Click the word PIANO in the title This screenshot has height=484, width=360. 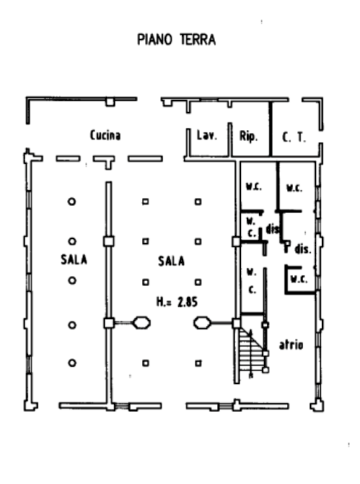point(154,40)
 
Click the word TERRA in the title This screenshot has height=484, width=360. point(198,40)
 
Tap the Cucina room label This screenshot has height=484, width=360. point(105,135)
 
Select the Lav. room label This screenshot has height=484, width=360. point(207,135)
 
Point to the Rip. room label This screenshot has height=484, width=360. point(248,136)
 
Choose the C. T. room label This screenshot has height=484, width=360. point(294,137)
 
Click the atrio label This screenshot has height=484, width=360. point(291,345)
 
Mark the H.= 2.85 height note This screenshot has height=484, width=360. point(177,302)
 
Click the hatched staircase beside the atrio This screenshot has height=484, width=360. point(251,351)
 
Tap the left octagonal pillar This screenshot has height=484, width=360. point(142,323)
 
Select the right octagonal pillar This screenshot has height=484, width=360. point(202,323)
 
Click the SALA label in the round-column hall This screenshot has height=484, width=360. point(74,259)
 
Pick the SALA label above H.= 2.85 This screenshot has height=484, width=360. point(171,261)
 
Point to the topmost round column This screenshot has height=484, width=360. point(72,202)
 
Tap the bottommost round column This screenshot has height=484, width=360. point(72,363)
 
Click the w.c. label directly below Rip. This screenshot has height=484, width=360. point(254,187)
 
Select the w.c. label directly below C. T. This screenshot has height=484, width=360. point(294,188)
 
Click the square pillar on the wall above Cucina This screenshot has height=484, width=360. point(110,102)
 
